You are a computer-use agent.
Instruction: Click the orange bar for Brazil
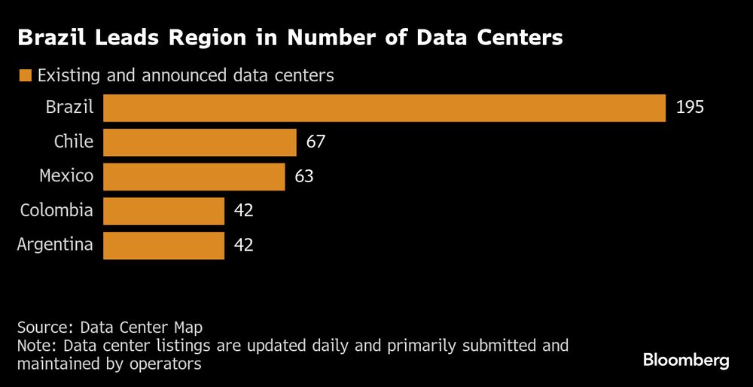coord(384,108)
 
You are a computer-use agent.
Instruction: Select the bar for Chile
coord(200,142)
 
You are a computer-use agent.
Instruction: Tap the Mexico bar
coord(194,177)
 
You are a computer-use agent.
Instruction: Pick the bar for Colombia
coord(163,211)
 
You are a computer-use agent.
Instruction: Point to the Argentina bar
coord(163,245)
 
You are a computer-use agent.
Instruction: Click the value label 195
coord(690,108)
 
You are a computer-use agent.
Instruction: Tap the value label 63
coord(303,177)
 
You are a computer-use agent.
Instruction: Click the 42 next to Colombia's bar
coord(243,211)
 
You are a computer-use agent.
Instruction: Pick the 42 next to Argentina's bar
coord(243,245)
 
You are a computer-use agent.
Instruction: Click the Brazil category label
coord(69,108)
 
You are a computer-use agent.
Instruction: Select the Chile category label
coord(74,142)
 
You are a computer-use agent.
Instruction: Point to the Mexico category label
coord(66,177)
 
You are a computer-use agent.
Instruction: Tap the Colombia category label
coord(57,211)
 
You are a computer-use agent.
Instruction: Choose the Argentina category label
coord(55,245)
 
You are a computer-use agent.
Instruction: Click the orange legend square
coord(26,75)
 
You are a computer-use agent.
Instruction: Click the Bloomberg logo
coord(686,360)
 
